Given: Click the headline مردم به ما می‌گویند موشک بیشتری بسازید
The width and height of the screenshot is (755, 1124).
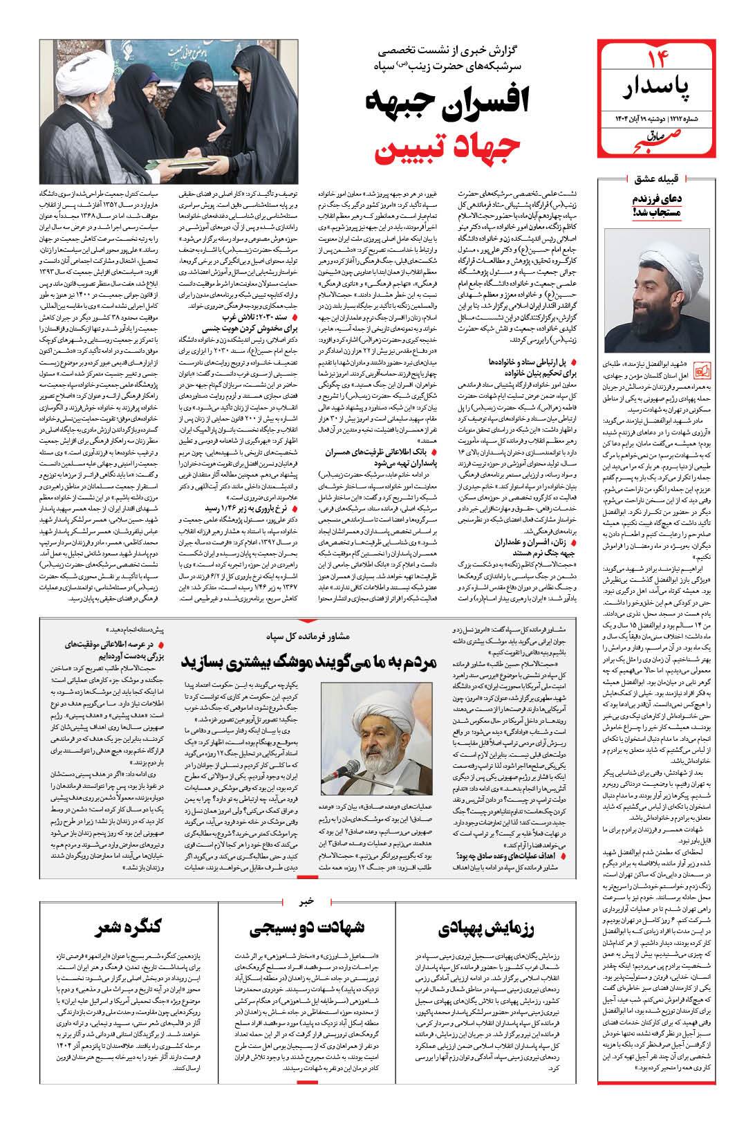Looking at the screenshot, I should pyautogui.click(x=308, y=661).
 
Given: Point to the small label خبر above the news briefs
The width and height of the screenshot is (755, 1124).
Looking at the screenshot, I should pyautogui.click(x=308, y=901).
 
